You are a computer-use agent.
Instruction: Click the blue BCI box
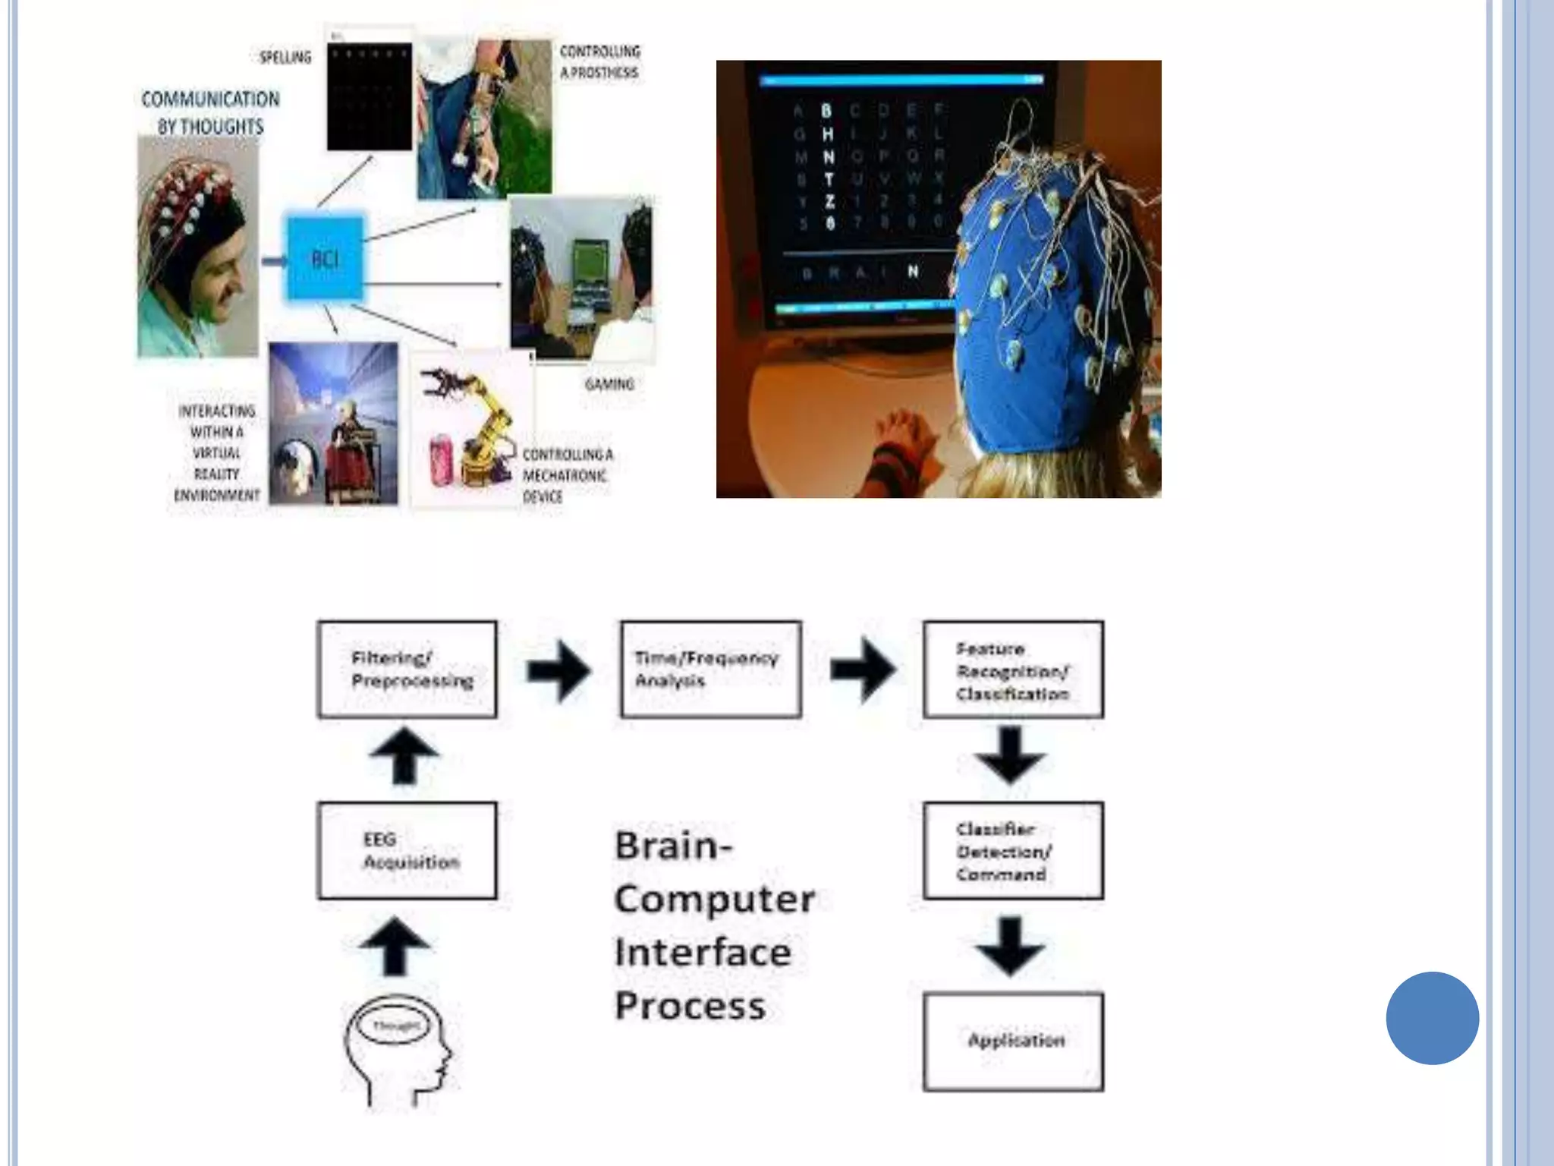(x=325, y=258)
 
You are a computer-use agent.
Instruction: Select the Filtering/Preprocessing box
(x=407, y=669)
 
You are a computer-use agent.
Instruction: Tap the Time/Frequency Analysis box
(x=710, y=669)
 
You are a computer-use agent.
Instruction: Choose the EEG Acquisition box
(x=407, y=850)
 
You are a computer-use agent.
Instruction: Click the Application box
(x=1013, y=1041)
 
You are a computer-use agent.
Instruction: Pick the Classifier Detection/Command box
(x=1013, y=850)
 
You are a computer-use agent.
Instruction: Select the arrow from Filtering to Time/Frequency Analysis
(x=558, y=670)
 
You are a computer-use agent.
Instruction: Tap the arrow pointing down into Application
(x=1010, y=946)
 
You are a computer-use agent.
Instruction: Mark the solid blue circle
(x=1432, y=1017)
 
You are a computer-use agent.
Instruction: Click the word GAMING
(x=609, y=384)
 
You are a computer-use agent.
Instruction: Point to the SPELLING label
(x=285, y=58)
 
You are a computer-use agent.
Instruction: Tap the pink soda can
(x=441, y=459)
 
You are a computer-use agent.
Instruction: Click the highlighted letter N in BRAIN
(x=913, y=271)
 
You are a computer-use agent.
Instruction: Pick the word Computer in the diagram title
(x=714, y=899)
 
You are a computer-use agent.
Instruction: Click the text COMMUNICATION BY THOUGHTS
(x=210, y=112)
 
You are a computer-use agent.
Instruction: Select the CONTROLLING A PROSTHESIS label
(x=599, y=61)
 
